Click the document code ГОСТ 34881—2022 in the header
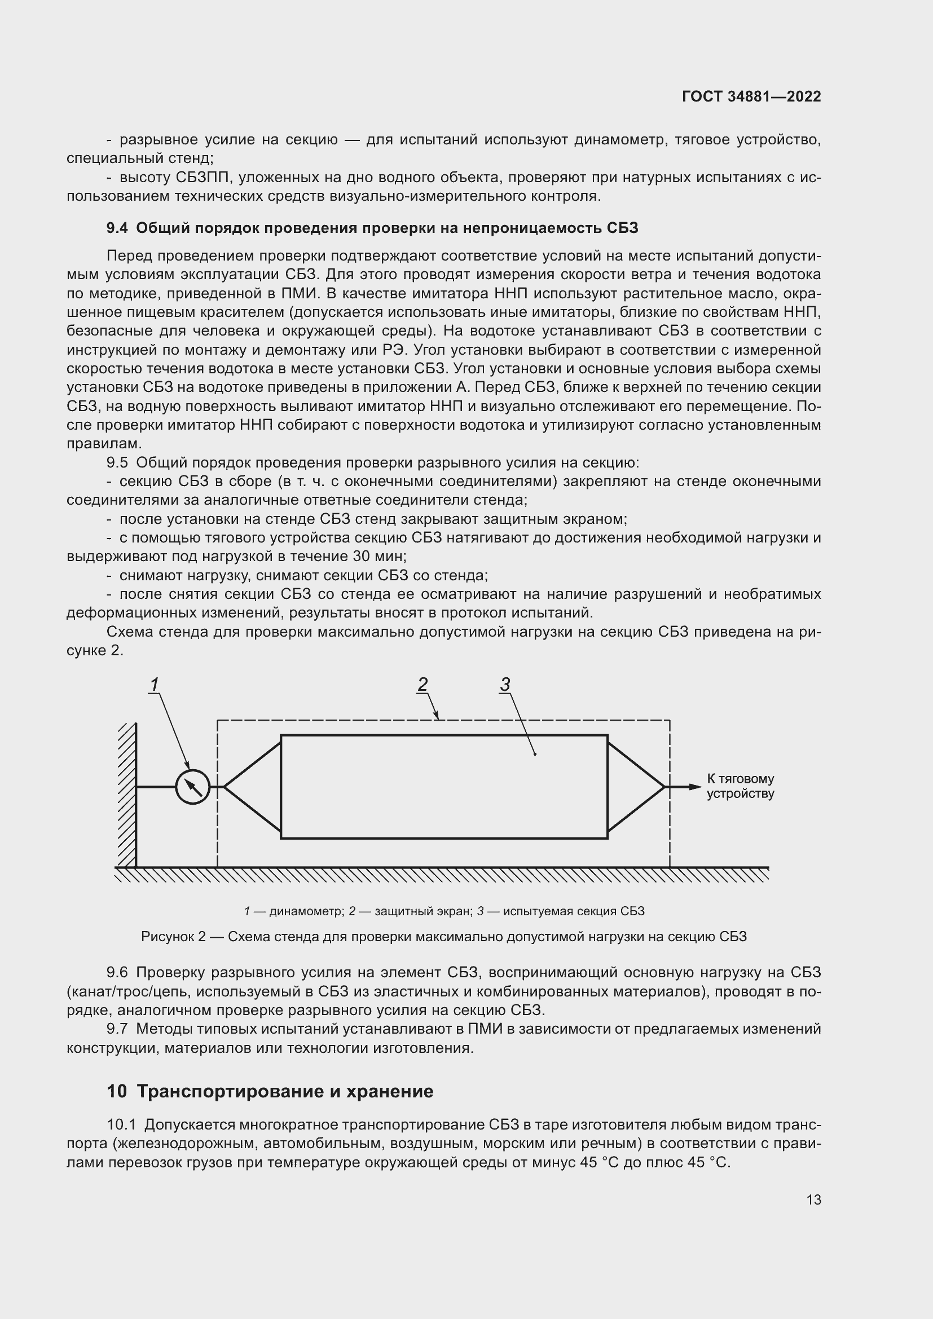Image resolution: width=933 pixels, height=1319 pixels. click(x=751, y=96)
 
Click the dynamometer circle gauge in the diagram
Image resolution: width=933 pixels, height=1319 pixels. click(x=192, y=787)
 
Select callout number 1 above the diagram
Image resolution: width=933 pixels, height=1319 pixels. click(x=154, y=684)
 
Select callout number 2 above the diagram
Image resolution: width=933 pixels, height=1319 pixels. click(x=423, y=684)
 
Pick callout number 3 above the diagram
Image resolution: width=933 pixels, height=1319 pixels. click(x=505, y=684)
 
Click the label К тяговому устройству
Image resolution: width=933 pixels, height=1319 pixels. click(x=740, y=786)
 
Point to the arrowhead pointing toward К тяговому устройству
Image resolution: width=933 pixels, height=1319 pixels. click(x=696, y=787)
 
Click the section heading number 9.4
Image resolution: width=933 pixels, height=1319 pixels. click(x=117, y=228)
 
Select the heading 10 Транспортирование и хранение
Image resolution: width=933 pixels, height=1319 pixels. click(x=270, y=1091)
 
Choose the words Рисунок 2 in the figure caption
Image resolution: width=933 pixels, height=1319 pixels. click(x=173, y=937)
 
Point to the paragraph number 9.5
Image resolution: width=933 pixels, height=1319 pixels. click(x=117, y=462)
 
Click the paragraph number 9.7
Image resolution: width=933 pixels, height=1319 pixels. click(x=117, y=1029)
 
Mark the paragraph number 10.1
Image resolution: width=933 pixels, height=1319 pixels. click(x=122, y=1124)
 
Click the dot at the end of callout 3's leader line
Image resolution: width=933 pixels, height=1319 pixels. click(x=535, y=754)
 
